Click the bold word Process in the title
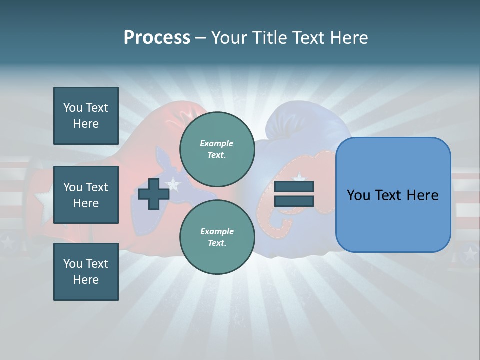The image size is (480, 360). pyautogui.click(x=157, y=38)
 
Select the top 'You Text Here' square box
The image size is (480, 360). pyautogui.click(x=86, y=116)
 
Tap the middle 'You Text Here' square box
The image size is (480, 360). pyautogui.click(x=86, y=195)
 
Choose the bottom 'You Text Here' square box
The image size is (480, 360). pyautogui.click(x=86, y=272)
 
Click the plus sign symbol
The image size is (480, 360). pyautogui.click(x=154, y=194)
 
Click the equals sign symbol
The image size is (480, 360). pyautogui.click(x=294, y=194)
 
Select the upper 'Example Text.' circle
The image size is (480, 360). pyautogui.click(x=217, y=149)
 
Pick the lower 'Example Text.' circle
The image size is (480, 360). pyautogui.click(x=217, y=237)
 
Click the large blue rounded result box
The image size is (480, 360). pyautogui.click(x=393, y=195)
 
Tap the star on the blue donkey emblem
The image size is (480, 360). pyautogui.click(x=173, y=184)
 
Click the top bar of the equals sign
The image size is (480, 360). pyautogui.click(x=294, y=187)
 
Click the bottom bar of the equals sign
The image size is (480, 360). pyautogui.click(x=294, y=201)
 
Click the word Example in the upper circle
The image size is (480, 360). pyautogui.click(x=217, y=143)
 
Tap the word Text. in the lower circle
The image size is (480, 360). pyautogui.click(x=217, y=243)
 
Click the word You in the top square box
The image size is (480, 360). pyautogui.click(x=72, y=108)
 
